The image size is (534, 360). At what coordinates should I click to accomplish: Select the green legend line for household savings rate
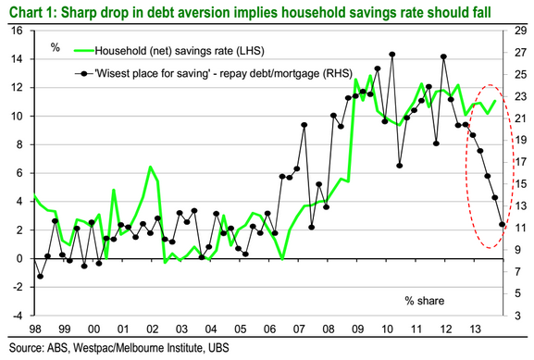(x=84, y=51)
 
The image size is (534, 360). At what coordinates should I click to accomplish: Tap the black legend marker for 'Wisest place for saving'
(x=84, y=73)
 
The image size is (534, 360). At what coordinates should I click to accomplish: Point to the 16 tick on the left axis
(x=17, y=31)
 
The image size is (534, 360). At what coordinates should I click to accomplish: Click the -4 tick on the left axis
(x=17, y=316)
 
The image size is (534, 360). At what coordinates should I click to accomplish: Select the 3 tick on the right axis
(x=517, y=316)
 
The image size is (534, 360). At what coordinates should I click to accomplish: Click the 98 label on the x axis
(x=35, y=329)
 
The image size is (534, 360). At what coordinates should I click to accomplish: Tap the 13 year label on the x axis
(x=475, y=329)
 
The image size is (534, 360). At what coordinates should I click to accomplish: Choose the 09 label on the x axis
(x=357, y=329)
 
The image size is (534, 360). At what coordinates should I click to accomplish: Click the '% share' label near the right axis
(x=425, y=301)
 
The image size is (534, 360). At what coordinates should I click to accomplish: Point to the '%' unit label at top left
(x=56, y=47)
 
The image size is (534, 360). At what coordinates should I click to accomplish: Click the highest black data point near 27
(x=392, y=55)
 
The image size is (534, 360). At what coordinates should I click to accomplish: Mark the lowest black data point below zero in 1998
(x=40, y=276)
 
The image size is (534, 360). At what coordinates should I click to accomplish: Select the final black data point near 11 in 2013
(x=502, y=224)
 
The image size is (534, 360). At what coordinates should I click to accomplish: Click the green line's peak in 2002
(x=150, y=167)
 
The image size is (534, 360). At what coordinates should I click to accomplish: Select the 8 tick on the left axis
(x=19, y=144)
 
